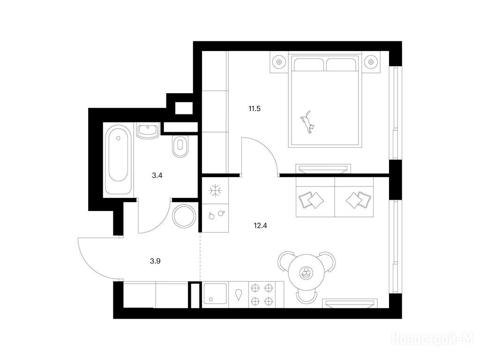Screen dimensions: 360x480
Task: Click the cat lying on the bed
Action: pyautogui.click(x=308, y=122)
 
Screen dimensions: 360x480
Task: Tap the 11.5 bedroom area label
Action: pyautogui.click(x=254, y=109)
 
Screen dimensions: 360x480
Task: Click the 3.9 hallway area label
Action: pyautogui.click(x=156, y=262)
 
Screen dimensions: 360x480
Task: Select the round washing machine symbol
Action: pyautogui.click(x=184, y=216)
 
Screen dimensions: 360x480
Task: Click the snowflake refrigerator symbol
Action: pyautogui.click(x=215, y=190)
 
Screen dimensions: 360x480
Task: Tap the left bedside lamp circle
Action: pyautogui.click(x=280, y=61)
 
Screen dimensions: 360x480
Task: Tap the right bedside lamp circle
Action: pyautogui.click(x=370, y=61)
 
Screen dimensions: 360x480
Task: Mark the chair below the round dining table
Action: pyautogui.click(x=307, y=297)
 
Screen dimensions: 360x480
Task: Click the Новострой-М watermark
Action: pyautogui.click(x=433, y=338)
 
